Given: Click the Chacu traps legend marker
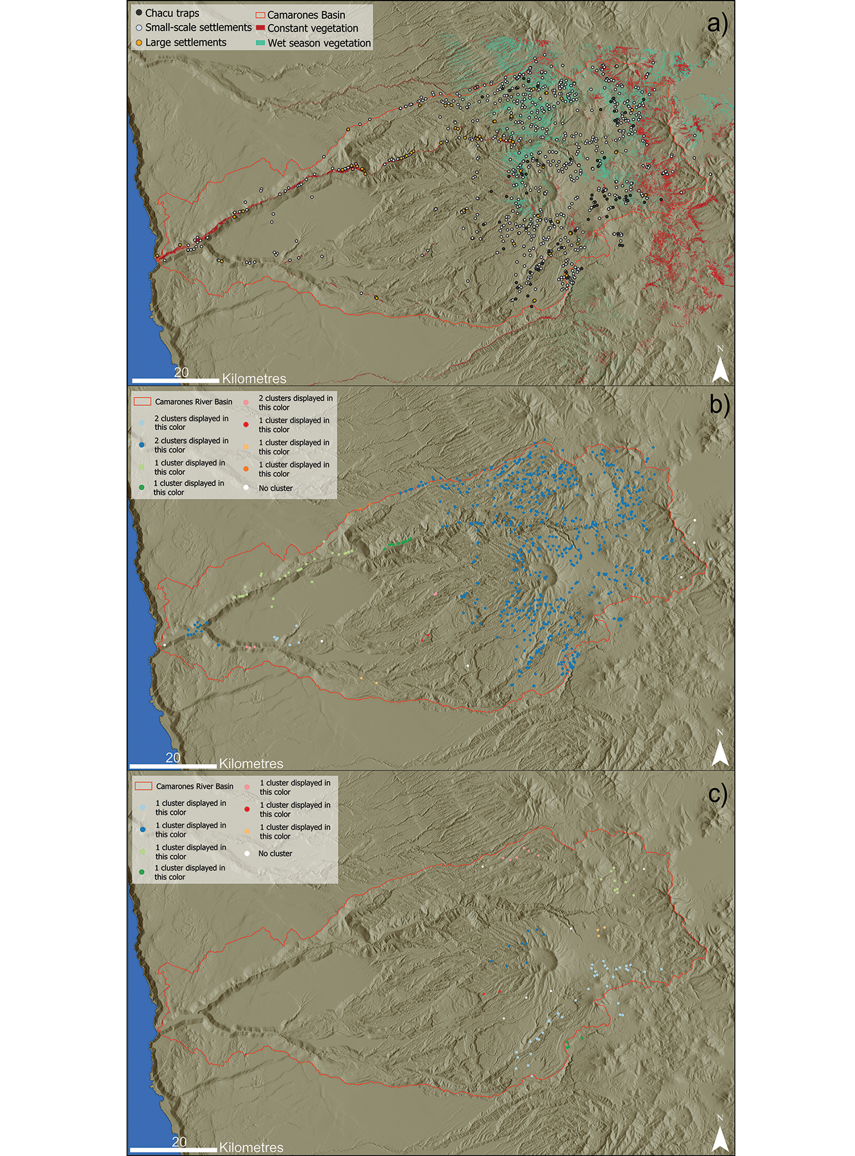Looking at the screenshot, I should pyautogui.click(x=139, y=12).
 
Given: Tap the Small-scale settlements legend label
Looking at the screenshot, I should pyautogui.click(x=198, y=27).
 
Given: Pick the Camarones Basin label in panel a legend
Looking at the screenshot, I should pyautogui.click(x=306, y=15).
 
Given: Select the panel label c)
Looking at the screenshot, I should pyautogui.click(x=717, y=794).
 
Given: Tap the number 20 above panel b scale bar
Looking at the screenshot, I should pyautogui.click(x=173, y=758).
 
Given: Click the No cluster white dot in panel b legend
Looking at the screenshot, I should pyautogui.click(x=246, y=488).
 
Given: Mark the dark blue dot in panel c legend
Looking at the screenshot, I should pyautogui.click(x=142, y=829).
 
